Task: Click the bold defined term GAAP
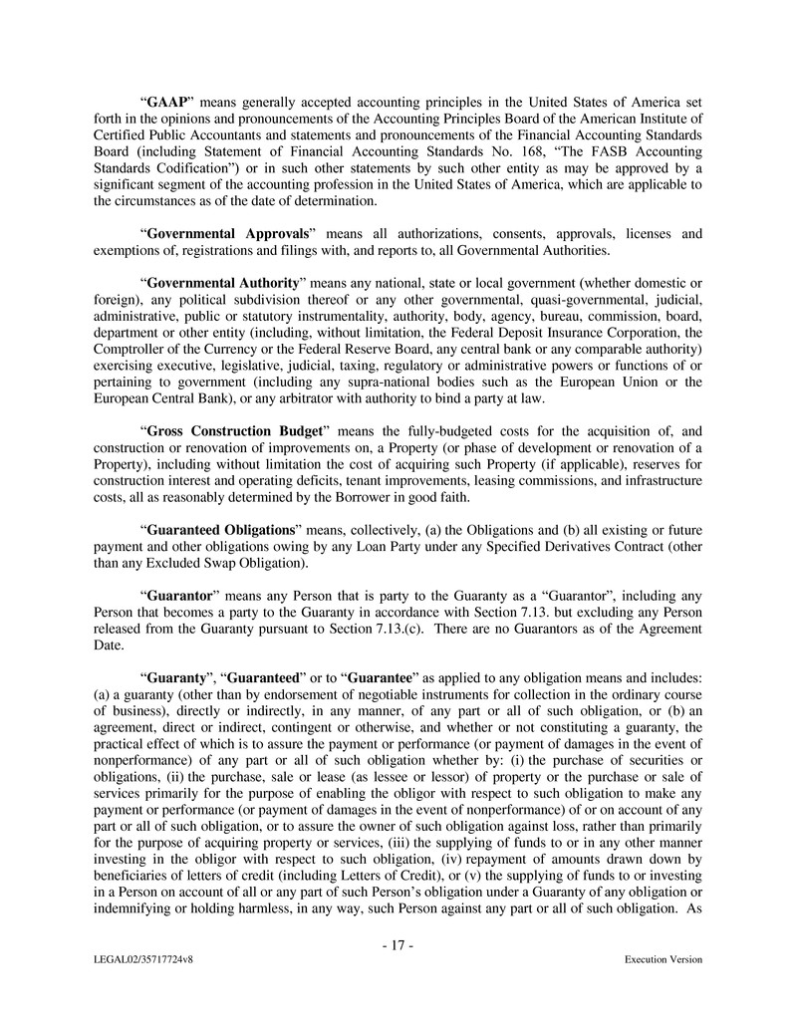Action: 167,102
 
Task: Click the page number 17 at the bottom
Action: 398,945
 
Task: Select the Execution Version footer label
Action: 663,959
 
